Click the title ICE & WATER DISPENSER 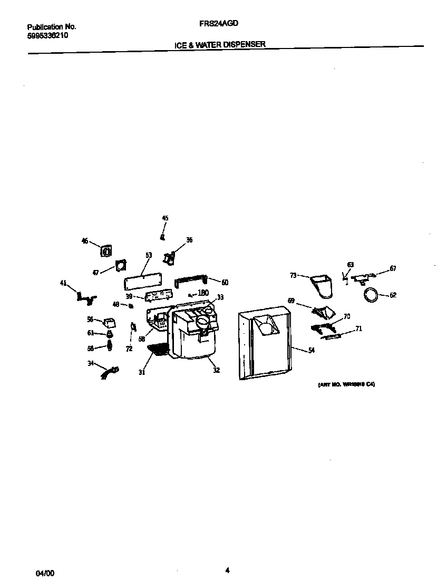220,45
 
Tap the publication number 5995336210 47,36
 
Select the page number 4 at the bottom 227,569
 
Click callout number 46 85,241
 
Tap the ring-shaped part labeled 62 372,295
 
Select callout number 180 203,293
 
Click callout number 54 311,351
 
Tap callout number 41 63,283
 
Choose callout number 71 358,329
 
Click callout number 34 90,363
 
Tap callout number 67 393,268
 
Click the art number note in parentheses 346,385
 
